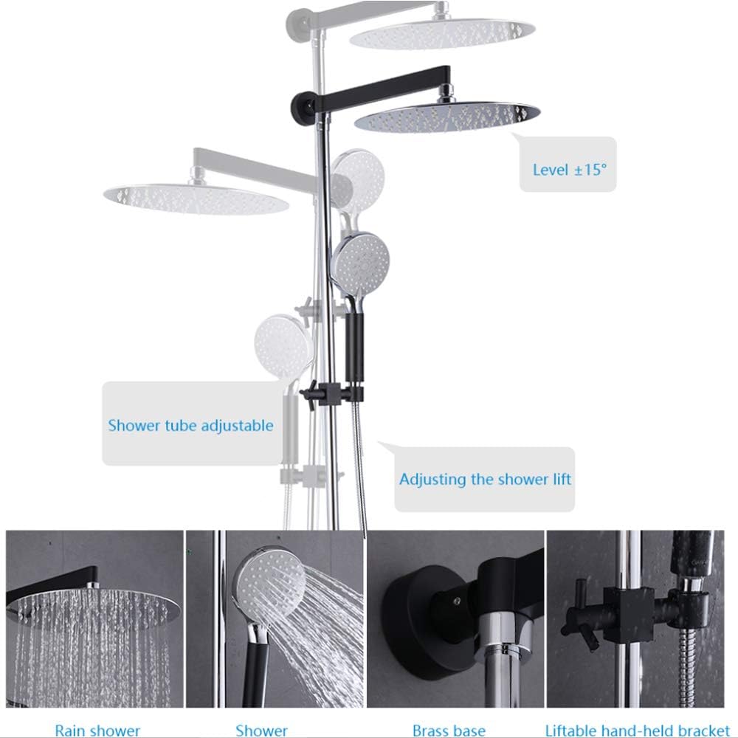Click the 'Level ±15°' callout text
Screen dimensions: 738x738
pos(569,170)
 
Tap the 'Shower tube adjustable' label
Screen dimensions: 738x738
pos(190,426)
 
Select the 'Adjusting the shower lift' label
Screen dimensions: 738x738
pos(485,480)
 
